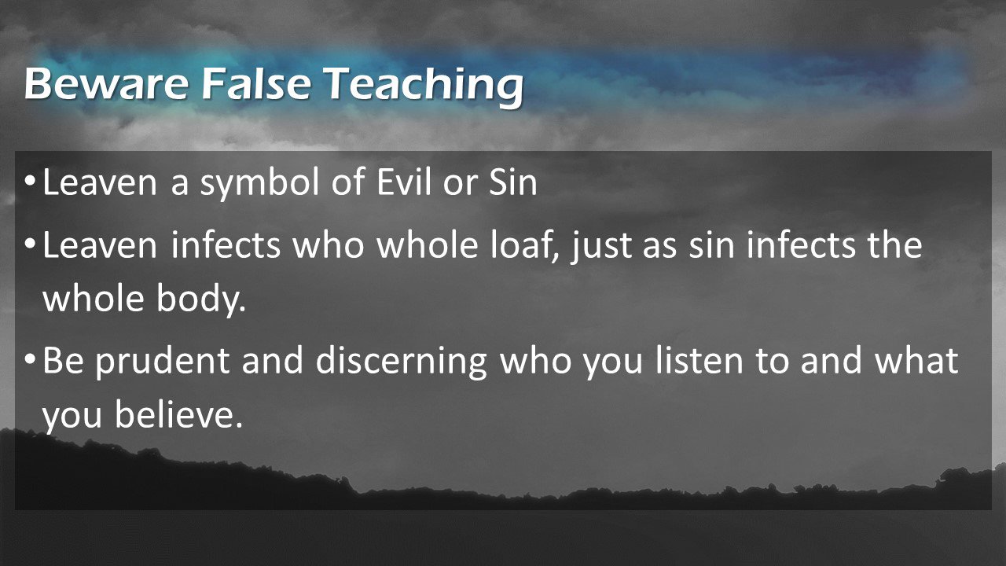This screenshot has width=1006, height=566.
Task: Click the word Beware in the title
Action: (x=106, y=83)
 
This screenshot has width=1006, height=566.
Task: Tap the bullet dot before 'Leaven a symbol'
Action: (x=30, y=182)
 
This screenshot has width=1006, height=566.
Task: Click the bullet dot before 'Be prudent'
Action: (x=30, y=360)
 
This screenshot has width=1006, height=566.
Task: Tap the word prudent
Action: (x=162, y=363)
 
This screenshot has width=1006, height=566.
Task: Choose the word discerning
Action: (x=401, y=363)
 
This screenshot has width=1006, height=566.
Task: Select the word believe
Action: (x=178, y=413)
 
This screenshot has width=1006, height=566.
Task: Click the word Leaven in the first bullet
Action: (x=100, y=182)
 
